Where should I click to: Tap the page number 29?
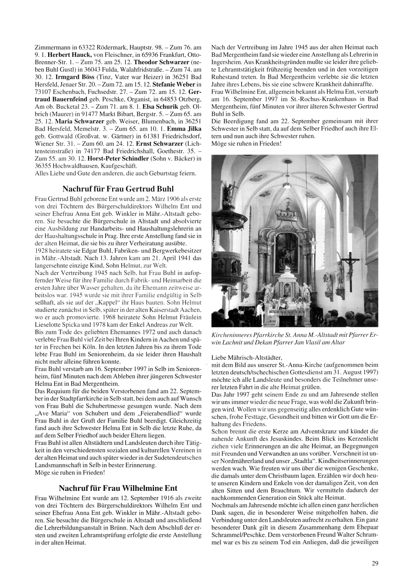coord(375,563)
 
